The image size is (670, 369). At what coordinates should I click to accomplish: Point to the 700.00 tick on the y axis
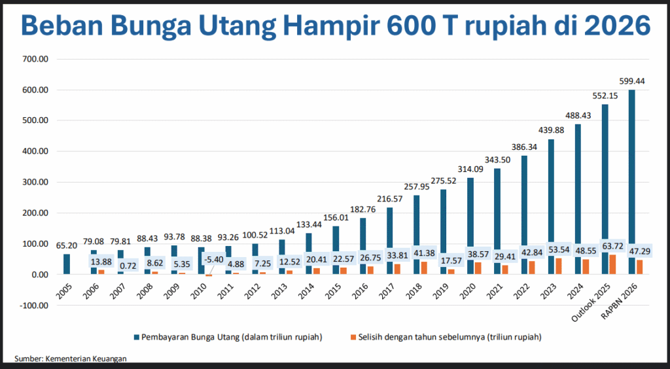coord(36,59)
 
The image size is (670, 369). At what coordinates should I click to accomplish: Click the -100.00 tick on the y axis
coord(34,306)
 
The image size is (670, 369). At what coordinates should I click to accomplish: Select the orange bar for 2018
coord(423,268)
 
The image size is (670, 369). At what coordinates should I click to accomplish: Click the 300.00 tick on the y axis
coord(36,182)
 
